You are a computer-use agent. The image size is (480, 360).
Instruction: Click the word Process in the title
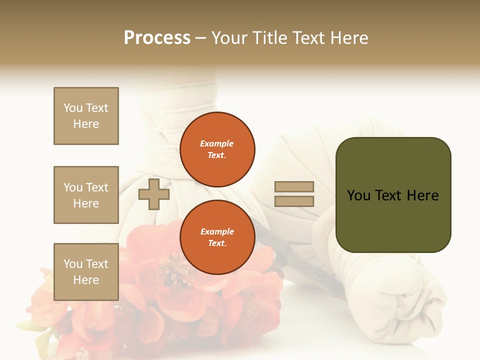coord(157,37)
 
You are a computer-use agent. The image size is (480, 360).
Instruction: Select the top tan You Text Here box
coord(86,116)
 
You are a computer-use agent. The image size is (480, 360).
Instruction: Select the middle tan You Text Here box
coord(86,195)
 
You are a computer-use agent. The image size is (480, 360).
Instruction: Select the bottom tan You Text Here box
coord(86,272)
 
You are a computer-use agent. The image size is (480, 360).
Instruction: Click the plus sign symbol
coord(153,194)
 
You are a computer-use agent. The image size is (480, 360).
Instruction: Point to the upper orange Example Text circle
coord(217,149)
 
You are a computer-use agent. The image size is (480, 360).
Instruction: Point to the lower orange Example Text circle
coord(217,237)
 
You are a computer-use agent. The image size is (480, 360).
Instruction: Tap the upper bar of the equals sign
coord(294,187)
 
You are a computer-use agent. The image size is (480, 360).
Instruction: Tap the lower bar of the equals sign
coord(294,201)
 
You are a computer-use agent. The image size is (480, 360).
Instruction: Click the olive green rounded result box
coord(393,220)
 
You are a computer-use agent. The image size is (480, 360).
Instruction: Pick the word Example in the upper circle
coord(217,143)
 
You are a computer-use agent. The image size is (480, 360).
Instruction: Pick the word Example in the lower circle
coord(217,231)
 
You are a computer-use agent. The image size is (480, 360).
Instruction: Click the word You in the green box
coord(359,195)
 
